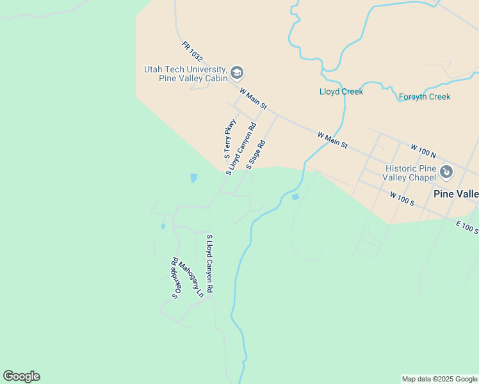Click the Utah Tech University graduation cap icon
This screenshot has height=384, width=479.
[237, 73]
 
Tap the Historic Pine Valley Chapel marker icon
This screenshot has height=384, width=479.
[446, 172]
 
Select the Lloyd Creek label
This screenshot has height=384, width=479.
[341, 92]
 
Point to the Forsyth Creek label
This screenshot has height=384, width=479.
[425, 97]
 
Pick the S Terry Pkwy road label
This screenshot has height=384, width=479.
[229, 139]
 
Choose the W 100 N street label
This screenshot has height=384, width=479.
[423, 152]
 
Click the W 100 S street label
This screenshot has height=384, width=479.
[402, 198]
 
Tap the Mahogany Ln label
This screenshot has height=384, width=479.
[191, 280]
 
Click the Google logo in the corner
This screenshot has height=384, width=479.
[21, 376]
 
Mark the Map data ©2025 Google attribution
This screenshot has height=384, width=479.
[439, 379]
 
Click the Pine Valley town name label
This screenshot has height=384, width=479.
[455, 194]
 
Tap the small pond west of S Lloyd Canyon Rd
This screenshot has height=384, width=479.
[193, 178]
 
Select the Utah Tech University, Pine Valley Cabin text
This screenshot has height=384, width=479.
[185, 74]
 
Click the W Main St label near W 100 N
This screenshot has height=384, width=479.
[332, 140]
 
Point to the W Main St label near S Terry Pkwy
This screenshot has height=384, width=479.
[253, 98]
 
